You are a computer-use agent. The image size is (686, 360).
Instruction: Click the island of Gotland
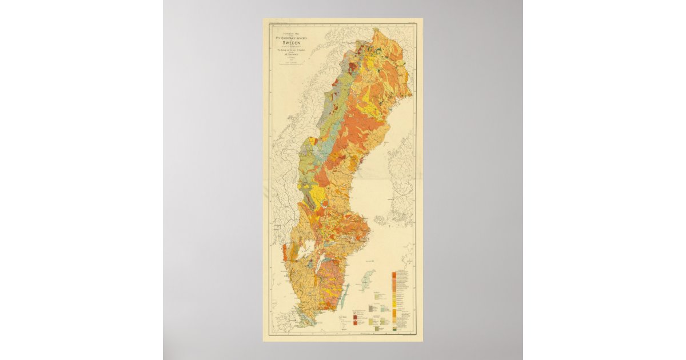click(x=366, y=281)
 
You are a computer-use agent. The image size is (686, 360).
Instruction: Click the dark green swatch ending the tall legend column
click(x=394, y=330)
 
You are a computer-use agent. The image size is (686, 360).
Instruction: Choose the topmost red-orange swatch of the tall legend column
click(x=394, y=273)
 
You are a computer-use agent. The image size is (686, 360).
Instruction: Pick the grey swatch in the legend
click(x=370, y=307)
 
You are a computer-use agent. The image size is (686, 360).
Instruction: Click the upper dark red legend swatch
click(x=356, y=315)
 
